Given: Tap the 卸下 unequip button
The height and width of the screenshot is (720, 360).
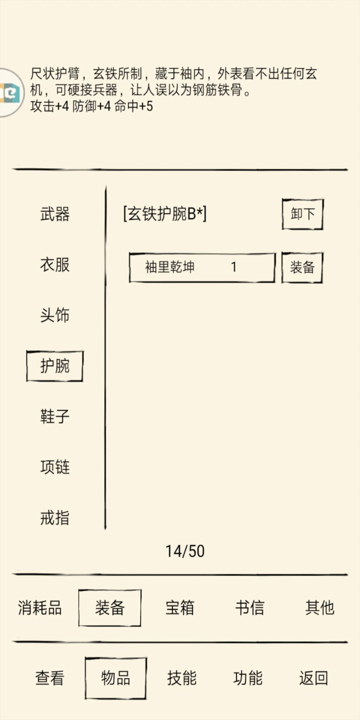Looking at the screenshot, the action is (x=302, y=214).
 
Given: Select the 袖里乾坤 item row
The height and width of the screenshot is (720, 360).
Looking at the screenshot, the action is (x=202, y=267).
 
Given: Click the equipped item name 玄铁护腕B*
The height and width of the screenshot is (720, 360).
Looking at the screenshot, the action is (x=165, y=214).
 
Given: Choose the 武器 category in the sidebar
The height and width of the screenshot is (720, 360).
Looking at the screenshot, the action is (x=55, y=214).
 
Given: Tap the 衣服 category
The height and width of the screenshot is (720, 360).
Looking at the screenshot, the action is (x=55, y=265).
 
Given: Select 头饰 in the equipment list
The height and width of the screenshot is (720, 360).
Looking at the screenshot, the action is (x=55, y=315).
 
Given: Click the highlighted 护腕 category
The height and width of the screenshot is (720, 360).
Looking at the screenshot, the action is (x=55, y=366).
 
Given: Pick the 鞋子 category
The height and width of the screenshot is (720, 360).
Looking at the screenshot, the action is (x=55, y=416).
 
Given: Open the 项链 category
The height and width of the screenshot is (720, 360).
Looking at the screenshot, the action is (x=55, y=467).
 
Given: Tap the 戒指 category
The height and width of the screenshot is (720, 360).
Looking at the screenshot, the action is (x=55, y=517).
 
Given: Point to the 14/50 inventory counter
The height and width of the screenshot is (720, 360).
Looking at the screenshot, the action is (x=185, y=551).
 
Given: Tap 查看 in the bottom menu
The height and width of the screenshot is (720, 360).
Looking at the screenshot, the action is (x=50, y=678).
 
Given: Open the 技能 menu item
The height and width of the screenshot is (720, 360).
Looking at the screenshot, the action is (x=182, y=678).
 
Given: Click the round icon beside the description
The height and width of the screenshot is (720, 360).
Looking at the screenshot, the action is (x=10, y=93).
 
